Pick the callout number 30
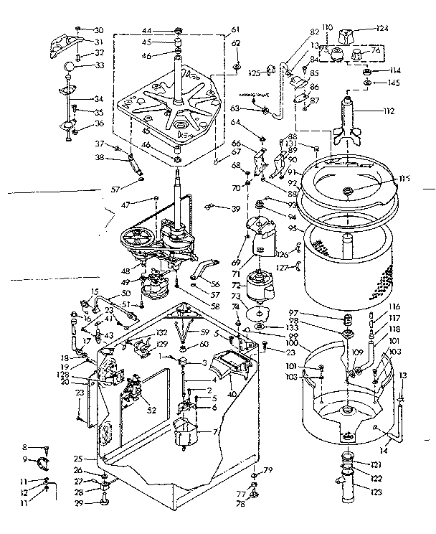click(x=99, y=30)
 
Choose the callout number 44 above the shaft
click(x=147, y=30)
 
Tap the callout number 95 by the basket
click(x=293, y=229)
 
